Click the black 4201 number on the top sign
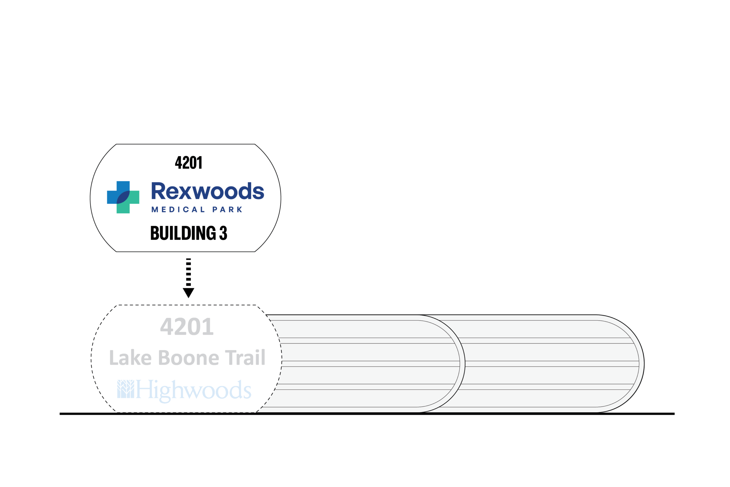click(x=188, y=163)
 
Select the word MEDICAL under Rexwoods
click(x=178, y=210)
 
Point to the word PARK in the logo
click(x=227, y=210)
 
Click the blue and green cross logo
click(x=123, y=197)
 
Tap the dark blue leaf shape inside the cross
click(x=123, y=197)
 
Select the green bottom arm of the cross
click(x=123, y=208)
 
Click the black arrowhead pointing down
click(x=188, y=292)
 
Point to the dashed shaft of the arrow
click(x=188, y=272)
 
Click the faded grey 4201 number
click(x=187, y=327)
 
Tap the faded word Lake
click(x=130, y=358)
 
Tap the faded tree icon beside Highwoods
click(x=125, y=389)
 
